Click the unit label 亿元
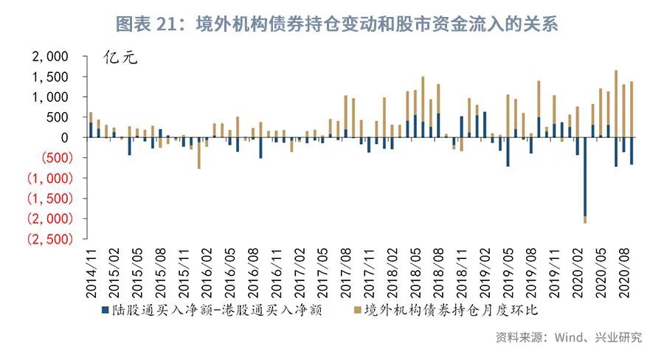(120, 59)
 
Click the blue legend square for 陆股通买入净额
(105, 311)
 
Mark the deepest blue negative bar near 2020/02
(585, 176)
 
